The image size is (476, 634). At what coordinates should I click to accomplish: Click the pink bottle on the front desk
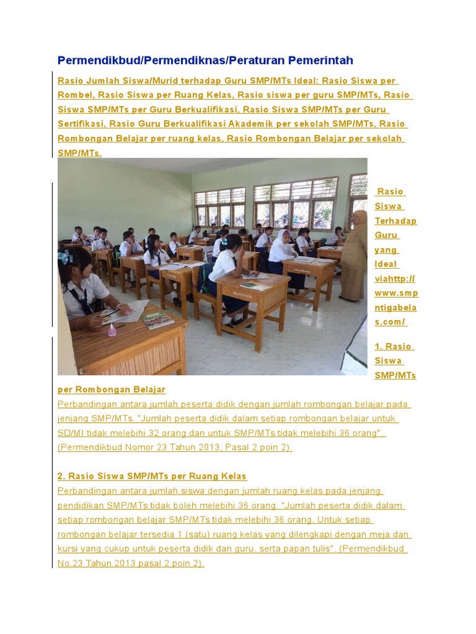pos(112,329)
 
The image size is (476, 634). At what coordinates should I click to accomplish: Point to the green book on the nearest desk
pos(157,319)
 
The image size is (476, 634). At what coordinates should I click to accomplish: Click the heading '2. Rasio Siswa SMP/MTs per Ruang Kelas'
pos(152,476)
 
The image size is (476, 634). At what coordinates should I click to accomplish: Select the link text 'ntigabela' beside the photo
pos(395,308)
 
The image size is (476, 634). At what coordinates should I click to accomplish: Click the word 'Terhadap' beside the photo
pos(395,221)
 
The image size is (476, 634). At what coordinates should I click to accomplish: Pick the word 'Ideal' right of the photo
pos(386,264)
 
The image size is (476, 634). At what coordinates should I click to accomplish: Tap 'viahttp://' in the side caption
pos(395,279)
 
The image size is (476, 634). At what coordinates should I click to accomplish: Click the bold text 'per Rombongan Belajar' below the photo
pos(112,389)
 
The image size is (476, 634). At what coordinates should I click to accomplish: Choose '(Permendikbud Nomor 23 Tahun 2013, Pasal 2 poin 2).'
pos(175,447)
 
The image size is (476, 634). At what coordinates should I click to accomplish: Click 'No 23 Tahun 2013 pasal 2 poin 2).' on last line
pos(131,563)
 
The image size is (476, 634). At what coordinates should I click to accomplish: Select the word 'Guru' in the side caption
pos(386,235)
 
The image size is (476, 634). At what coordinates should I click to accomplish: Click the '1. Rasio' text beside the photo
pos(394,346)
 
